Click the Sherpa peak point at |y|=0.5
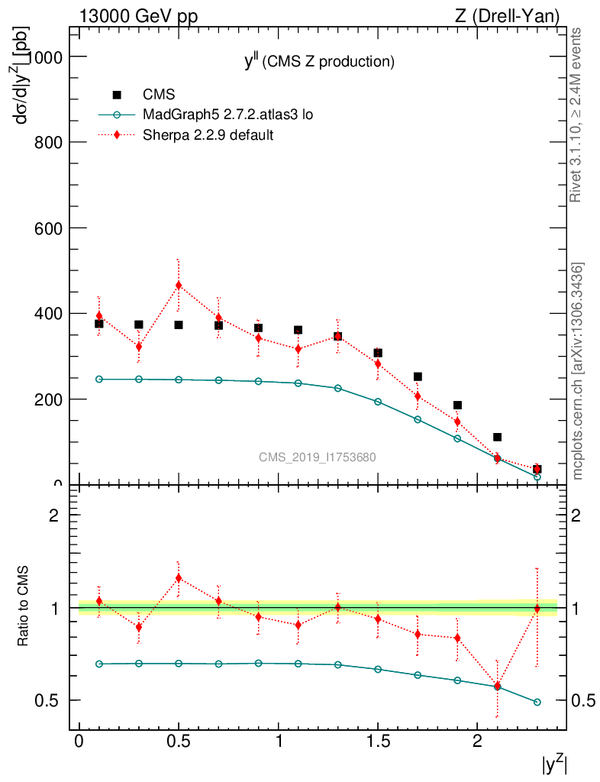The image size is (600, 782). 179,286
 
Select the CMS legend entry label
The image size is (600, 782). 159,95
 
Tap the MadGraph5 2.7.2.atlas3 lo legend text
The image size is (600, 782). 227,115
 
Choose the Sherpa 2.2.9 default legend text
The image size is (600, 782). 208,135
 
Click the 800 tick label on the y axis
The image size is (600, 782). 51,143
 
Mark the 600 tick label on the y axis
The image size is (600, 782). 51,228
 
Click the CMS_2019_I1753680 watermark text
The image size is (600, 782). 317,457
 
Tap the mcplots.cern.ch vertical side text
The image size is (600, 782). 578,371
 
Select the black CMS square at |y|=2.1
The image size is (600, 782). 497,437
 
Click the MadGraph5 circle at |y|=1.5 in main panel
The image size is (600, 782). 378,401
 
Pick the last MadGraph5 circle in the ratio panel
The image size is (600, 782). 537,702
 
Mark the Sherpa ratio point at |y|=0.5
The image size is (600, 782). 179,578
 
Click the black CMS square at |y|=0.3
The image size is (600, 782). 139,325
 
